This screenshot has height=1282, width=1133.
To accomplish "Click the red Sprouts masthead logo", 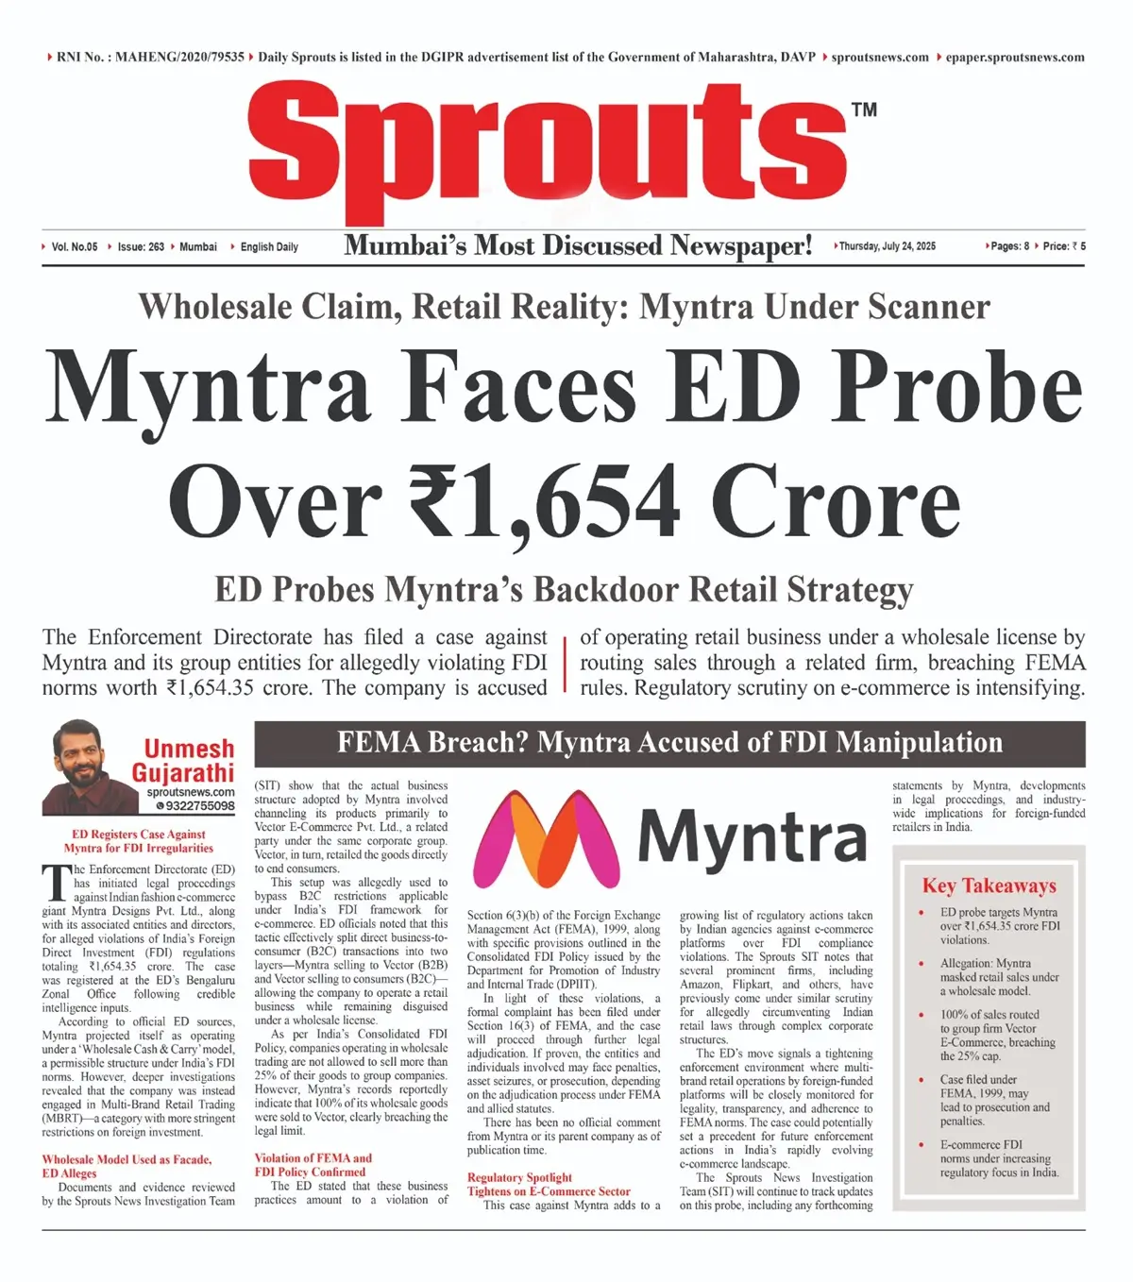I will tap(548, 151).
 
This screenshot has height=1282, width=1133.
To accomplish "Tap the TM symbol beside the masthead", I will tap(863, 110).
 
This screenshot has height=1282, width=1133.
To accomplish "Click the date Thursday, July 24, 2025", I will tap(887, 246).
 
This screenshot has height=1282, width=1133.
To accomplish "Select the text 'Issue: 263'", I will tap(141, 247).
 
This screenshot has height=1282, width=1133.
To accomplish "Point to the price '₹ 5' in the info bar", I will tap(1079, 246).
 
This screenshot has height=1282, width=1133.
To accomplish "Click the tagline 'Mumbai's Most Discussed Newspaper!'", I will tap(577, 245).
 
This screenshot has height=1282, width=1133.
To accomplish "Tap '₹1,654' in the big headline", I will tap(545, 501).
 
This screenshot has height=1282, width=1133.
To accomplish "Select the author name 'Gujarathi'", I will tap(183, 773).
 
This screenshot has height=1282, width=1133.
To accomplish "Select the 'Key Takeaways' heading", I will tap(989, 886).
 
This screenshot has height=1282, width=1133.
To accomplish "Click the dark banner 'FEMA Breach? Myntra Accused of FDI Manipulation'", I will tap(669, 743).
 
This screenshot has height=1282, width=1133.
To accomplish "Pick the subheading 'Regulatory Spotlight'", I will tap(519, 1177).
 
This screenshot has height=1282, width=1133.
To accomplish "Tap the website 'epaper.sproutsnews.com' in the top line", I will tap(1015, 58).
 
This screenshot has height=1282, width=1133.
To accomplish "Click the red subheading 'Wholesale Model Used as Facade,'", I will tap(127, 1159).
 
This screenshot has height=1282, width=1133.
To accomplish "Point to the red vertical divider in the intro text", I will tap(564, 663).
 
